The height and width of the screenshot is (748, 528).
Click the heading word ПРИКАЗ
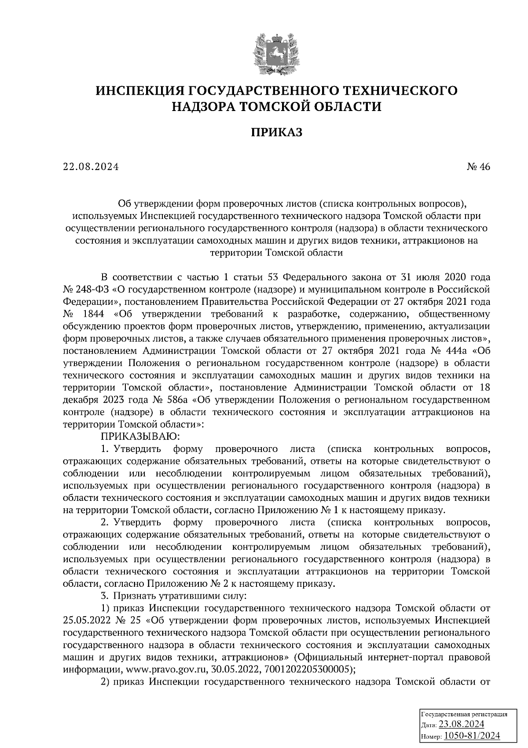(277, 133)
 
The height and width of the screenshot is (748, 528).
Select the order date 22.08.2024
(90, 167)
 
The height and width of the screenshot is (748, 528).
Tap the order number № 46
(478, 167)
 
